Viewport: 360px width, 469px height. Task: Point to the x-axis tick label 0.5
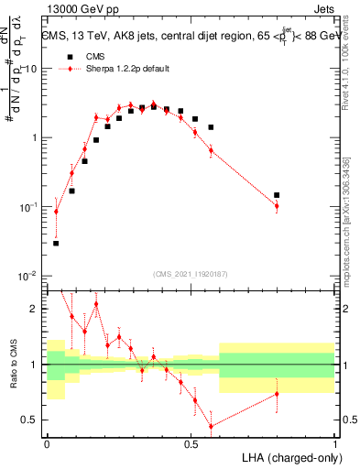coord(191,443)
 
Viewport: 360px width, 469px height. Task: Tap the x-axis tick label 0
coord(47,443)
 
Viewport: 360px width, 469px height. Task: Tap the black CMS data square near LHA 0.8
coord(277,195)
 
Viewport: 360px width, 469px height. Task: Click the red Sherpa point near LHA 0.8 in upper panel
coord(277,206)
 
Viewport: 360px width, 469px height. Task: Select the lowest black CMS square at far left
coord(56,243)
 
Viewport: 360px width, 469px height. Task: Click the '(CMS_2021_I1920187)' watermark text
coord(190,273)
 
